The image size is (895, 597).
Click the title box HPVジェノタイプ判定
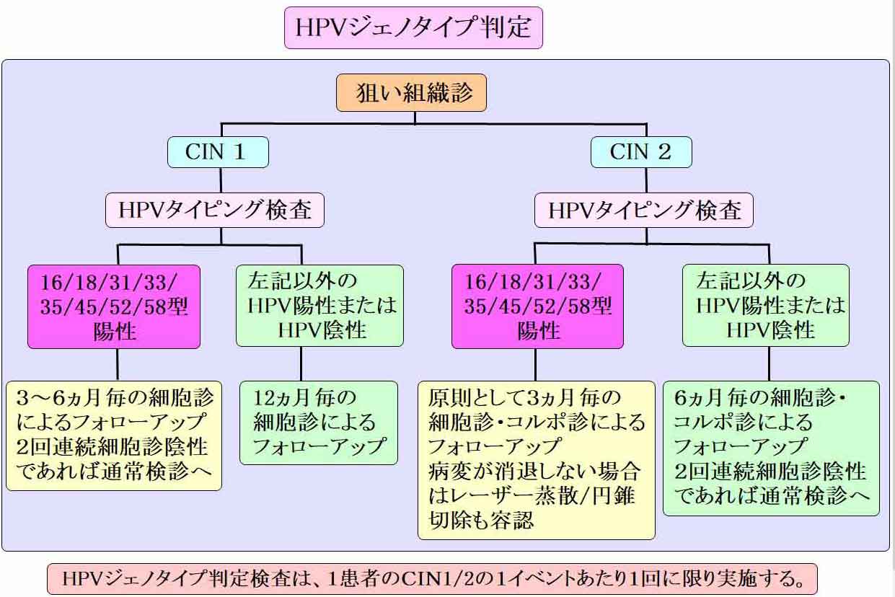point(413,27)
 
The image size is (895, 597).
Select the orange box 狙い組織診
point(411,92)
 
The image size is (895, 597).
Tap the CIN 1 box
point(218,152)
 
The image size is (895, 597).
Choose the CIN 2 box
point(641,152)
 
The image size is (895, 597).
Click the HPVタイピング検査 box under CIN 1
point(215,211)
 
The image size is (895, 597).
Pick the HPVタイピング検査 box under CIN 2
point(644,211)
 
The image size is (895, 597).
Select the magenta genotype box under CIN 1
point(114,306)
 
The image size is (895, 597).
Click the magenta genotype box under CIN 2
point(537,306)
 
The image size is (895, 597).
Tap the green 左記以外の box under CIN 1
point(319,306)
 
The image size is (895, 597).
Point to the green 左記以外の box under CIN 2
point(766,306)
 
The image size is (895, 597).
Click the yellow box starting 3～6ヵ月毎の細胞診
point(114,435)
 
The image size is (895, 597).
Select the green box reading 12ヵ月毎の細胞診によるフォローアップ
point(319,423)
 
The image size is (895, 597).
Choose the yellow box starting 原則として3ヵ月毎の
point(537,460)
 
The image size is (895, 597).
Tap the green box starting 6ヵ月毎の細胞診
point(771,448)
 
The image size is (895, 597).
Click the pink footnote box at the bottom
point(432,579)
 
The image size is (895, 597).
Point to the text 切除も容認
point(481,521)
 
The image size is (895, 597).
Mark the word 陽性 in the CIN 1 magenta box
point(115,332)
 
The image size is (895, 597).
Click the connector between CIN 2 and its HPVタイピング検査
point(646,180)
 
